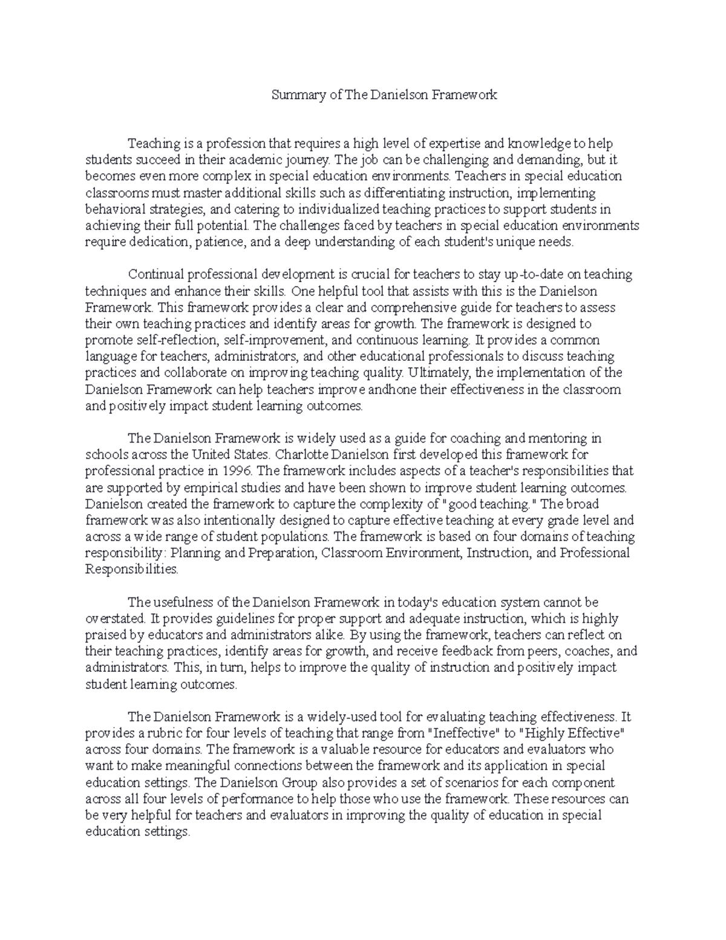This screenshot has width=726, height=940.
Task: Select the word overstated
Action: [x=116, y=619]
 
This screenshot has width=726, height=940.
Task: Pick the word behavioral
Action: [x=114, y=209]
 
